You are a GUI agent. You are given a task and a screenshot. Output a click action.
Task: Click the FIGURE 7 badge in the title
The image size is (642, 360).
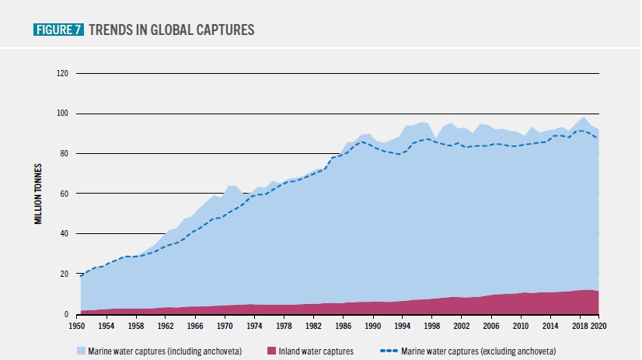tap(59, 30)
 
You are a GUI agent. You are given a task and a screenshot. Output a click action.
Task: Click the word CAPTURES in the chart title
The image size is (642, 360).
tap(222, 30)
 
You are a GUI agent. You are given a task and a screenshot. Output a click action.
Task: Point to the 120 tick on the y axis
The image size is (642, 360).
tap(63, 74)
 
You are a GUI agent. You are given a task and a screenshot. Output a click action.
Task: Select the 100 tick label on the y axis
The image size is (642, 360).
tap(63, 114)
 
